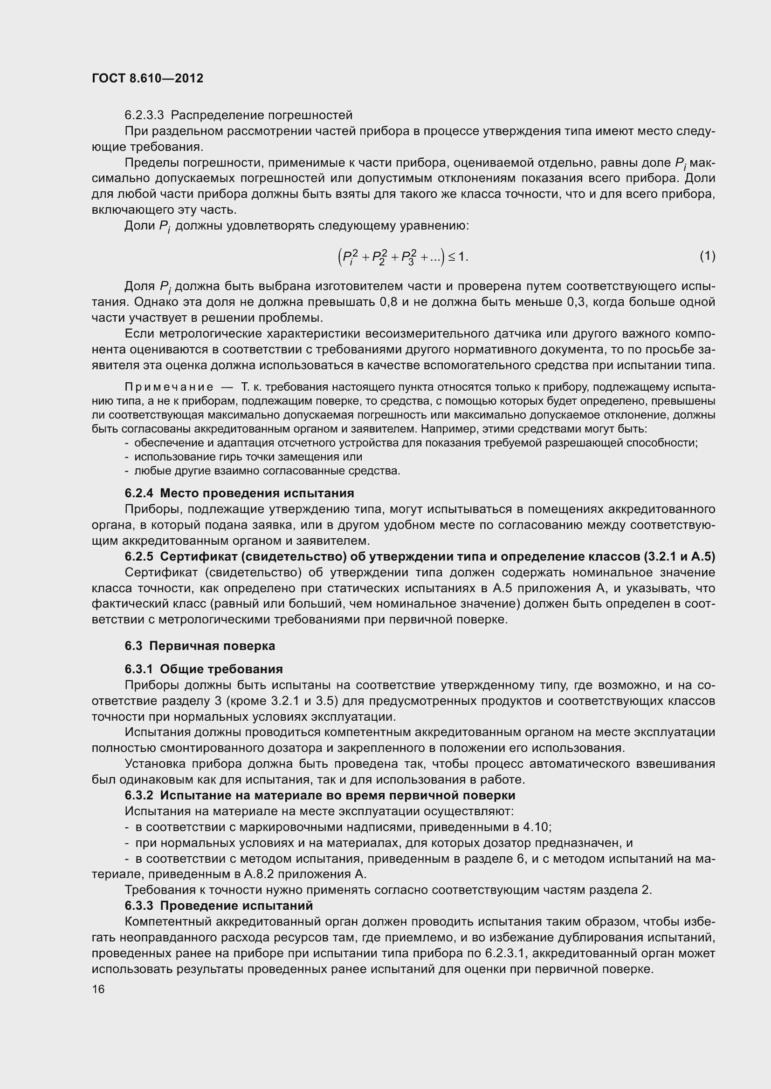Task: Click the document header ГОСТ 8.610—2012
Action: [147, 78]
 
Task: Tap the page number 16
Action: [98, 989]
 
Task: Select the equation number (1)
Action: [707, 256]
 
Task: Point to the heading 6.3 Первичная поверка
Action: [200, 646]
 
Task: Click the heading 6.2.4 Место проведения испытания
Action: [239, 493]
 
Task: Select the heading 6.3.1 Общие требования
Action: [204, 669]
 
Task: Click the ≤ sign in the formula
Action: [452, 257]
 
